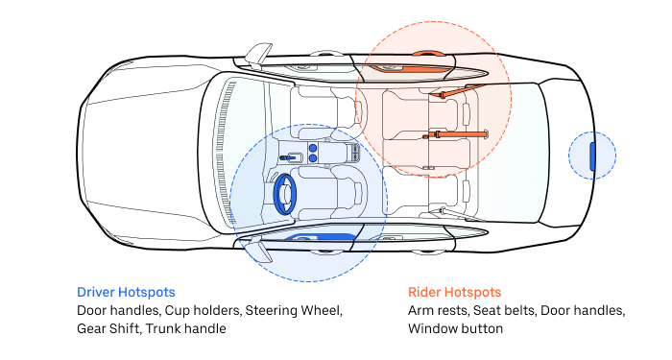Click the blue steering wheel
(x=276, y=194)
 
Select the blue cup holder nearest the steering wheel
(x=313, y=158)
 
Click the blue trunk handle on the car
(x=592, y=156)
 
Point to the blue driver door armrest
(x=321, y=237)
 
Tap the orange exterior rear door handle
(x=426, y=54)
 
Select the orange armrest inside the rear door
(x=407, y=68)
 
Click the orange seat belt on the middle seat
(x=455, y=134)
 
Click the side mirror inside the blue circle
(x=260, y=250)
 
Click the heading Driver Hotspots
(x=126, y=292)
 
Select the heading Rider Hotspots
(x=454, y=292)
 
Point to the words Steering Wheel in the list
(x=294, y=311)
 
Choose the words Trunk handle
(x=186, y=328)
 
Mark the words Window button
(x=456, y=328)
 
